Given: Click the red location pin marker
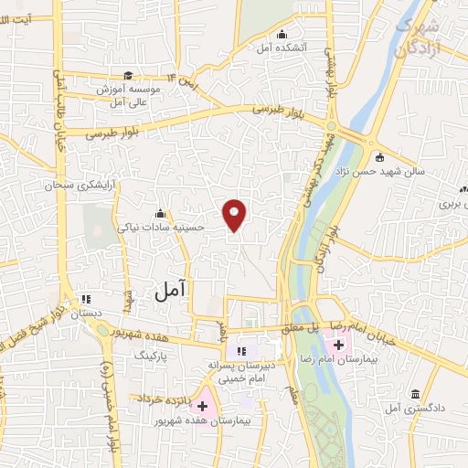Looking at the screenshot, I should tap(235, 214).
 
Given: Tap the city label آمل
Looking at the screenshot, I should tap(170, 290).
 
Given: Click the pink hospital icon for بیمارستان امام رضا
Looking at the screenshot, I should tap(338, 345).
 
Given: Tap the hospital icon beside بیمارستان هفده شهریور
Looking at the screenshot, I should tap(202, 403).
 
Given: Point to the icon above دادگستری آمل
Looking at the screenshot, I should tap(416, 392).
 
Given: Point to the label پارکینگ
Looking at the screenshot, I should tap(154, 352).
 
